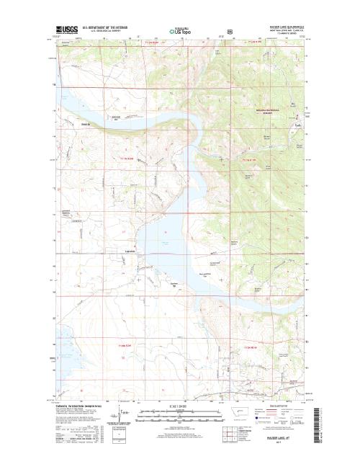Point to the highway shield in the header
tap(209, 32)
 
